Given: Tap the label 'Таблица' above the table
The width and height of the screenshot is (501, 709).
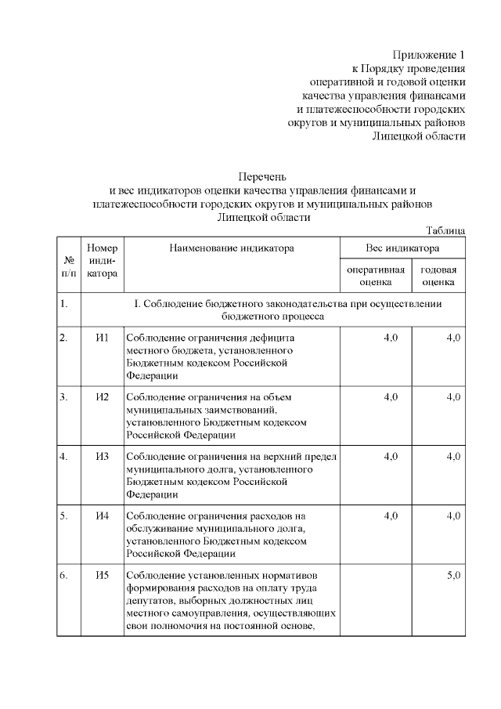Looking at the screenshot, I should pos(445,230).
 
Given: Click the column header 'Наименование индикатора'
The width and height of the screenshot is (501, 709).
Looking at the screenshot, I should pos(232,248).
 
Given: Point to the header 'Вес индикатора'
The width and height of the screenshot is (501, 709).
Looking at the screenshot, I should pos(402,248).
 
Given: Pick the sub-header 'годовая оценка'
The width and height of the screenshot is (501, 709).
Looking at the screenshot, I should pos(438,275).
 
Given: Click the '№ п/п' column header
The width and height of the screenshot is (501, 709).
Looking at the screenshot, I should pos(69,266).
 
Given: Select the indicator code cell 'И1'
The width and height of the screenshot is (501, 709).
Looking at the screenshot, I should pos(102,337).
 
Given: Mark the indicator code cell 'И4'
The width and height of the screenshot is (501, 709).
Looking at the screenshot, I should pos(102,515).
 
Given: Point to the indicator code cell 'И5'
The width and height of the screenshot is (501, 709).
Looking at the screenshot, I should pos(102,575).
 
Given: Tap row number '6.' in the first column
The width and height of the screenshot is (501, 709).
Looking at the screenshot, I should pos(63,575).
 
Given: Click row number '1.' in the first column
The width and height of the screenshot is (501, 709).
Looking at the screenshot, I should pos(63,302).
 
